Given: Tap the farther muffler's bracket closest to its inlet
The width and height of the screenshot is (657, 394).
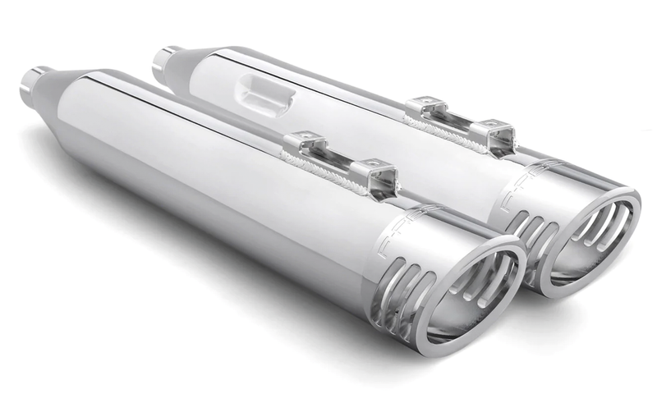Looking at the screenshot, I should (427, 108).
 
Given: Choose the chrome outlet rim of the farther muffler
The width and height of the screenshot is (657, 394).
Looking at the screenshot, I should (632, 222).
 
